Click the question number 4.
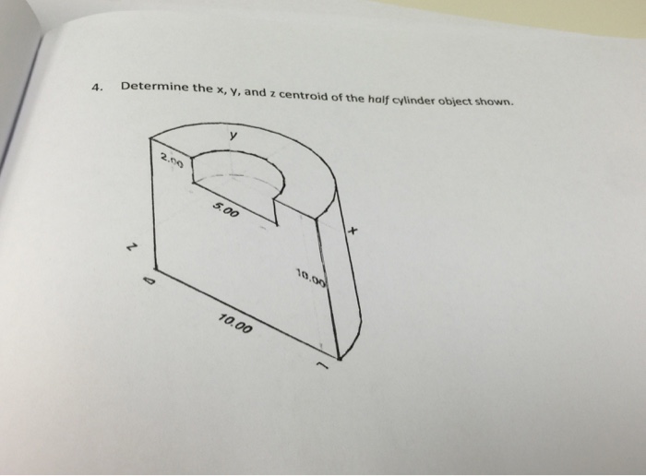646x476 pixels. pos(96,88)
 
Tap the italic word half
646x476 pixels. pos(377,100)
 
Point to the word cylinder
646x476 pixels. pos(413,101)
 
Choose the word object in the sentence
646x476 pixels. pos(454,101)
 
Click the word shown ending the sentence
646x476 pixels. pos(495,101)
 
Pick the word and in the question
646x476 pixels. pos(257,92)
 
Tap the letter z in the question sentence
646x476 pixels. pos(273,94)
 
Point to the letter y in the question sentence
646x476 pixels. pos(235,91)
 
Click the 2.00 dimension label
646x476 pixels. pos(172,160)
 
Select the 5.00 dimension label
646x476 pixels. pos(226,210)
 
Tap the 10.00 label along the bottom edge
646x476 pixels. pos(234,324)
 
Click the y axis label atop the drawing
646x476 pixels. pos(233,136)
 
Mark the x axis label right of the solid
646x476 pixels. pos(353,231)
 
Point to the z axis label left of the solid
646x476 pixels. pos(131,247)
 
